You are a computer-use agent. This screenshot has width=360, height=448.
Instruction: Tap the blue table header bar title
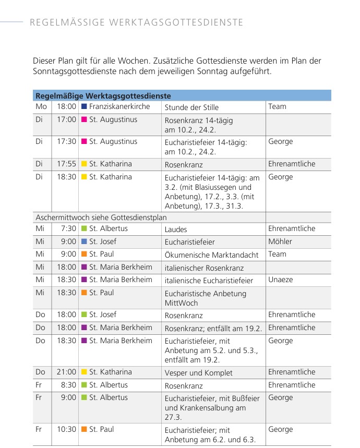click(x=103, y=96)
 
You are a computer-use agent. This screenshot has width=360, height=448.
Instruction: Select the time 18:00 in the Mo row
click(x=66, y=107)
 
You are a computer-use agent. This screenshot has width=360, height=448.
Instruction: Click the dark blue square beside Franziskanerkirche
click(x=83, y=107)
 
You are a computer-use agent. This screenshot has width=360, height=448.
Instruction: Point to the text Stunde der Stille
click(x=191, y=107)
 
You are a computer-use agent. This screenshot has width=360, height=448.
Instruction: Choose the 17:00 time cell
click(x=66, y=120)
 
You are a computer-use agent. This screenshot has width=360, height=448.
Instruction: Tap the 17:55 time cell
click(x=66, y=164)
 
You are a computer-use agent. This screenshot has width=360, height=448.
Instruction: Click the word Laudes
click(x=176, y=229)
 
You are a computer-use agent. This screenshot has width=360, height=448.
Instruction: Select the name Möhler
click(x=280, y=241)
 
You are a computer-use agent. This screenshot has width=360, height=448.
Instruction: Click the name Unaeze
click(x=281, y=280)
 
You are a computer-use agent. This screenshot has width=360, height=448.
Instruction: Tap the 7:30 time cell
click(x=68, y=228)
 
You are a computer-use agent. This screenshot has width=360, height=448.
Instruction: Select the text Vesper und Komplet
click(x=199, y=372)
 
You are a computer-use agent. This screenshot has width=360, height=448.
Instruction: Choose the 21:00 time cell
click(x=66, y=372)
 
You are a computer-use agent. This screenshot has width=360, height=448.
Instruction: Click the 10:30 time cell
click(x=66, y=429)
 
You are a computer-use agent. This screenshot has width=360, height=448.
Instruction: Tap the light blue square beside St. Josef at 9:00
click(x=83, y=241)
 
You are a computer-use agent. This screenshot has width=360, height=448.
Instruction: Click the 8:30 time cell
click(x=68, y=385)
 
